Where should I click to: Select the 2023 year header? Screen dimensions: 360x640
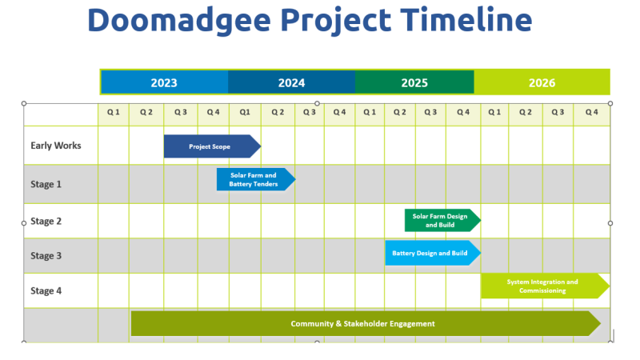point(164,82)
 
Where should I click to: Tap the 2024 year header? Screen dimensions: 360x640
point(291,82)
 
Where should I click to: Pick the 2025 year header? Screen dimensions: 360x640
point(414,82)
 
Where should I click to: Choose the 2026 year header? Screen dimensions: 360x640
point(542,82)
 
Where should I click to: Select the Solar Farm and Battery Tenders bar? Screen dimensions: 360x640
point(254,180)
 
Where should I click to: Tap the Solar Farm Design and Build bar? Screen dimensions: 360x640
point(441,220)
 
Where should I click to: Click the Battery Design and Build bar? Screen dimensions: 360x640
point(430,253)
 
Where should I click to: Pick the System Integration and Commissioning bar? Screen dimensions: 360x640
point(542,286)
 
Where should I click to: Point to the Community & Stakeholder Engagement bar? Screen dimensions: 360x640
point(363,324)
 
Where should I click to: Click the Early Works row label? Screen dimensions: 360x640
point(56,146)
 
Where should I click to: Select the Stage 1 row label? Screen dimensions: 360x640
point(46,184)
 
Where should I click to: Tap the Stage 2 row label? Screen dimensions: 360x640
point(46,222)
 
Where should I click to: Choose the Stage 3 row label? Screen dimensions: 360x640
point(46,256)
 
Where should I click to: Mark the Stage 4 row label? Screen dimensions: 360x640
point(46,291)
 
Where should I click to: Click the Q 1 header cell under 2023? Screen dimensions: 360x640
point(114,113)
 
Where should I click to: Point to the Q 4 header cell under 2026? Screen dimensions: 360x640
point(591,113)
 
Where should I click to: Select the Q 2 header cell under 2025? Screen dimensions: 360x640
point(399,113)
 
